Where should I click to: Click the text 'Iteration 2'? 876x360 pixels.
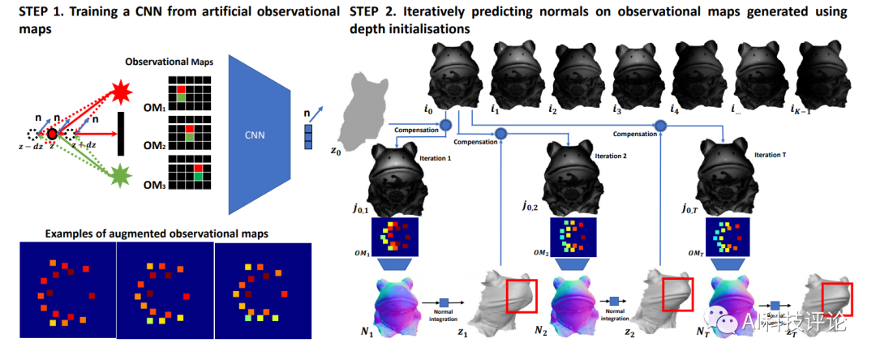coord(612,153)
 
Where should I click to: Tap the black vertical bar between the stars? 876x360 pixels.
coord(120,133)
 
